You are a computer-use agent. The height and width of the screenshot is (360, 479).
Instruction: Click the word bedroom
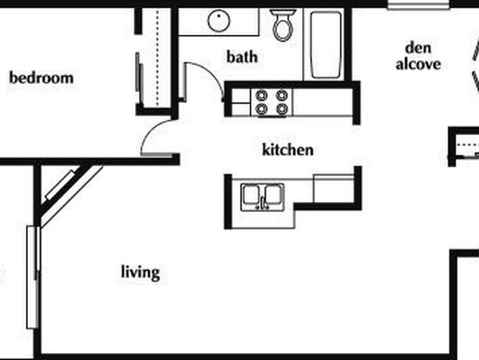42,78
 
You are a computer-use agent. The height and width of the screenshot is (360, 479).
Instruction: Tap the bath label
242,57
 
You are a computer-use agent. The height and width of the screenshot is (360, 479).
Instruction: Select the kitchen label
287,150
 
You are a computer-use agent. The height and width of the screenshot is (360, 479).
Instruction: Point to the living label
140,272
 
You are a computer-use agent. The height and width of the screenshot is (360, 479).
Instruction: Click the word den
418,48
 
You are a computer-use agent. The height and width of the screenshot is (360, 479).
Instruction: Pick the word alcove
418,64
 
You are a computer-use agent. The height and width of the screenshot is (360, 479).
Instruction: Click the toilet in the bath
283,25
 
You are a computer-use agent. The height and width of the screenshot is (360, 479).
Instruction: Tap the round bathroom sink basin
219,21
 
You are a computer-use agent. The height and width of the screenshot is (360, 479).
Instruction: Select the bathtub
326,45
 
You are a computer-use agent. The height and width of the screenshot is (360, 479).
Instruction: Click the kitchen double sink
262,197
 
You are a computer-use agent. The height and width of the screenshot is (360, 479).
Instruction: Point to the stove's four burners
272,102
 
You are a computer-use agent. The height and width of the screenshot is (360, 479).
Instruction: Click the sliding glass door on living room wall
33,277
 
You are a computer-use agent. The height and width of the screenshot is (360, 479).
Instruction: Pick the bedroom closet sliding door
139,78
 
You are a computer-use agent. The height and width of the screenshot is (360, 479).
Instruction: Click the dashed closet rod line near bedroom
158,58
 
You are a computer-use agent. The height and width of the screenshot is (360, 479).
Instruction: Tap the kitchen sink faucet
262,204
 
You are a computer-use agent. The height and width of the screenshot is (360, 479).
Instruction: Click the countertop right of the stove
322,102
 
